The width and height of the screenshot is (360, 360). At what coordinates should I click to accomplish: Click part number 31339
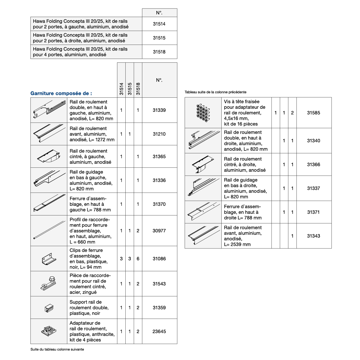[159, 110]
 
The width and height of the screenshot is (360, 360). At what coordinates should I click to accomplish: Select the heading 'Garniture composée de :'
[61, 93]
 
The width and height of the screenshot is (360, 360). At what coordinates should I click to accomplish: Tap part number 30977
[159, 231]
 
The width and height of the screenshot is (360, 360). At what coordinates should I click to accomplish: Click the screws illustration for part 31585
[203, 113]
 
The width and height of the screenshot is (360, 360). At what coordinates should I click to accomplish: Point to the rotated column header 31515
[130, 89]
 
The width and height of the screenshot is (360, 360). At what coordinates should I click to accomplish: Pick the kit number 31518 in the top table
[159, 52]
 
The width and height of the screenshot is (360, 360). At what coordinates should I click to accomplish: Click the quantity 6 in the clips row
[138, 259]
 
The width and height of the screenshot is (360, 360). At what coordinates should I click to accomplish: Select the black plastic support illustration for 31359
[49, 308]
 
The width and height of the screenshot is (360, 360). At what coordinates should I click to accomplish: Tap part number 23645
[159, 331]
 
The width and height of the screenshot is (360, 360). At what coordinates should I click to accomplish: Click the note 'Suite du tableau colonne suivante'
[57, 349]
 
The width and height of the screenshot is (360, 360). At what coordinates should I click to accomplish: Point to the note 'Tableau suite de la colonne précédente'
[215, 92]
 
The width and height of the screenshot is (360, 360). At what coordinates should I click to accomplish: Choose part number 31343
[313, 236]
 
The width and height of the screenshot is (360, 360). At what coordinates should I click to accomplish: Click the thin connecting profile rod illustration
[49, 230]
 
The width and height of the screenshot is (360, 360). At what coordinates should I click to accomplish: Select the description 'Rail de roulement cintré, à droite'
[245, 165]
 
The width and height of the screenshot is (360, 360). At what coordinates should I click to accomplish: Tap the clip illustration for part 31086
[49, 259]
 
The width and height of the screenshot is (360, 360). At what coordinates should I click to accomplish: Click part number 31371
[313, 212]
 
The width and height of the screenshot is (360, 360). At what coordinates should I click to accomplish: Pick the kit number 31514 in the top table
[159, 24]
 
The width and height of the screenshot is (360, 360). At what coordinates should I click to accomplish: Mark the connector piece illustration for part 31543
[49, 283]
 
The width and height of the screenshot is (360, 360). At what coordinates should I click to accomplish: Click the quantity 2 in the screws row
[292, 113]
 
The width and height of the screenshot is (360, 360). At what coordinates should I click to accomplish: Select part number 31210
[159, 134]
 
